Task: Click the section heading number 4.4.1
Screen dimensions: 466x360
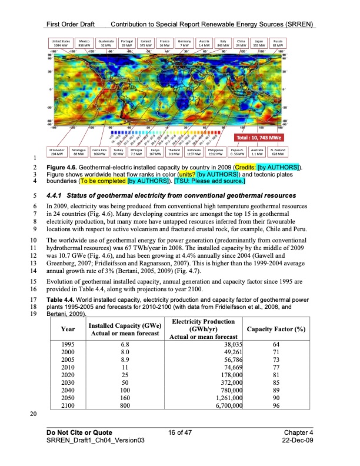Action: [58, 195]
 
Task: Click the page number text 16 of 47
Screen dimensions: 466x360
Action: [179, 433]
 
